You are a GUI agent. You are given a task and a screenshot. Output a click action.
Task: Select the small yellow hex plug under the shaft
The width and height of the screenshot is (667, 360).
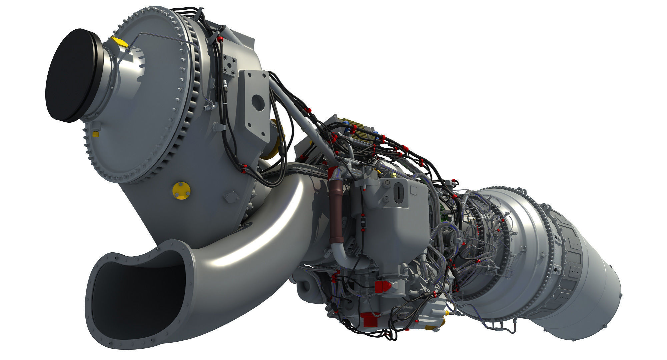click(x=96, y=134)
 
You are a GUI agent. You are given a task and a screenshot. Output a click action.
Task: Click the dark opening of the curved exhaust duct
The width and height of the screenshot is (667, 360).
click(x=133, y=293)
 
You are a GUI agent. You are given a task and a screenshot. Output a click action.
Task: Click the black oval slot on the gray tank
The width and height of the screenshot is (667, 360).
click(x=398, y=194)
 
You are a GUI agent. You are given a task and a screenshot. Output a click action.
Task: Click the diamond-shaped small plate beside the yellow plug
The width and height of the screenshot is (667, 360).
click(x=229, y=197)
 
